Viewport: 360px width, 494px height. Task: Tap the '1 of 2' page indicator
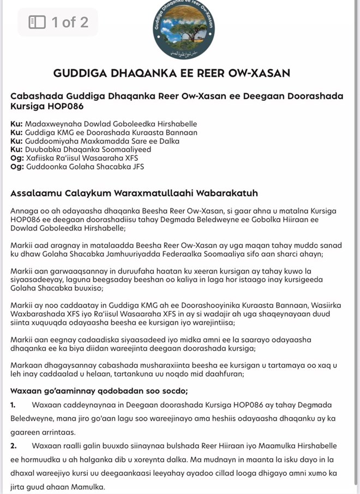coord(69,22)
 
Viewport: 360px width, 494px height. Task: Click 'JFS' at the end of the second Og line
coord(137,167)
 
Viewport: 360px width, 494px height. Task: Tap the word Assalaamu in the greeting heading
coord(36,193)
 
